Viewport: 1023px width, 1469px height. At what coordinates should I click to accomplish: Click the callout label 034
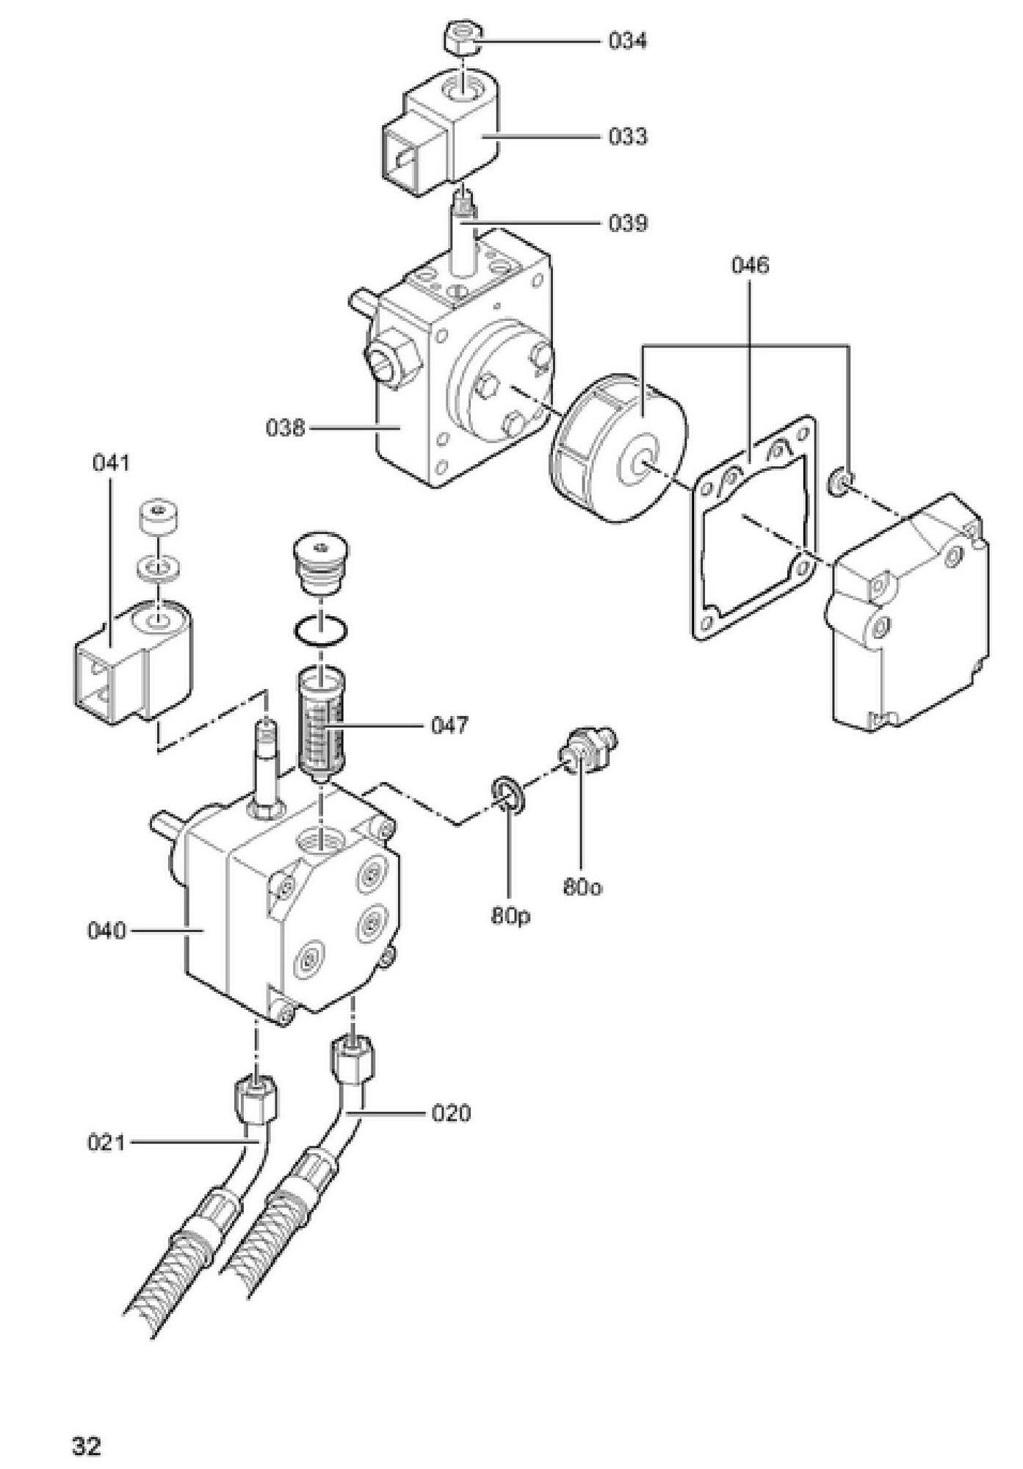[x=627, y=41]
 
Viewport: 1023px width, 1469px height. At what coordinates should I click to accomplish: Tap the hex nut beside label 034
[x=463, y=39]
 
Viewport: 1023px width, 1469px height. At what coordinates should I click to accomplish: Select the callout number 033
[x=627, y=137]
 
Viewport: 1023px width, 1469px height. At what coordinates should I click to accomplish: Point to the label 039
[x=627, y=223]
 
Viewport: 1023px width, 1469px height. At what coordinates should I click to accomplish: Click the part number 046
[x=750, y=265]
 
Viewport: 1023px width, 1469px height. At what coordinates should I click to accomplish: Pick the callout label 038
[x=286, y=427]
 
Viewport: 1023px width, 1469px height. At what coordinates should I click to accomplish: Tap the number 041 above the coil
[x=112, y=463]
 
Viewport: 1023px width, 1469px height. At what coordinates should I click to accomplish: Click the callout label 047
[x=449, y=726]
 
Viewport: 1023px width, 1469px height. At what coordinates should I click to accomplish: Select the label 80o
[x=582, y=887]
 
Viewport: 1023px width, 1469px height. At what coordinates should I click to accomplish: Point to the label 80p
[x=511, y=917]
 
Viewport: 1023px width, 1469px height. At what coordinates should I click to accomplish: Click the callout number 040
[x=107, y=931]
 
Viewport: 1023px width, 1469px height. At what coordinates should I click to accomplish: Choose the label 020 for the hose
[x=450, y=1114]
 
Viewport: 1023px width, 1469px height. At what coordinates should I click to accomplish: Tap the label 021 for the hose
[x=107, y=1143]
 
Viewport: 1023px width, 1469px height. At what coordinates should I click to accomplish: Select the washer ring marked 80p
[x=507, y=795]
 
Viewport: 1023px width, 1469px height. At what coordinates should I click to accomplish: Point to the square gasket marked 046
[x=755, y=528]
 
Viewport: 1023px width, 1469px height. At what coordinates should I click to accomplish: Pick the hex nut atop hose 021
[x=257, y=1098]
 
